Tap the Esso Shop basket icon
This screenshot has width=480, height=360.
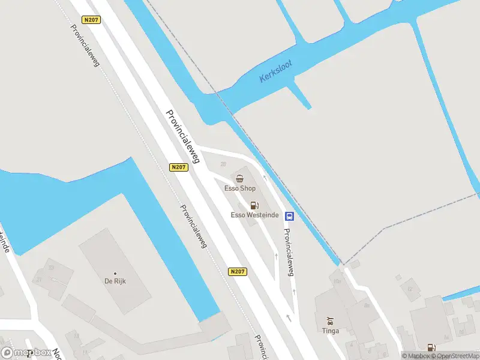tap(240, 178)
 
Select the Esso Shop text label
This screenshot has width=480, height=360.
tap(240, 188)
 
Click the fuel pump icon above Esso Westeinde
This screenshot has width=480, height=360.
tap(254, 206)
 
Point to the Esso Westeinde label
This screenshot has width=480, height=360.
tap(254, 215)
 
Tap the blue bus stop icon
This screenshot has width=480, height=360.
tap(289, 216)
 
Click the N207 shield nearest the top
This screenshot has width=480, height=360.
tap(92, 20)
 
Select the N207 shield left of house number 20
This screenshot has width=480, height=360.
tap(178, 167)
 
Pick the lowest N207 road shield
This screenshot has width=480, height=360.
tap(238, 272)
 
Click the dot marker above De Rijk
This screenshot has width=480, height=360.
tap(115, 273)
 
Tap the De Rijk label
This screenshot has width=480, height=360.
tap(115, 281)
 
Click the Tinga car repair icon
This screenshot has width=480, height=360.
tap(329, 321)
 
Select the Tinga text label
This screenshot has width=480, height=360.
tap(330, 331)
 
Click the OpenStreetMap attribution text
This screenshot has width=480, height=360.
tap(457, 356)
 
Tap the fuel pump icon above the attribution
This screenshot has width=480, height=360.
tap(430, 347)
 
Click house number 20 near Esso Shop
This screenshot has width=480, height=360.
tap(224, 164)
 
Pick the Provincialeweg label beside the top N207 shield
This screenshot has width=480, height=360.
tap(85, 45)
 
